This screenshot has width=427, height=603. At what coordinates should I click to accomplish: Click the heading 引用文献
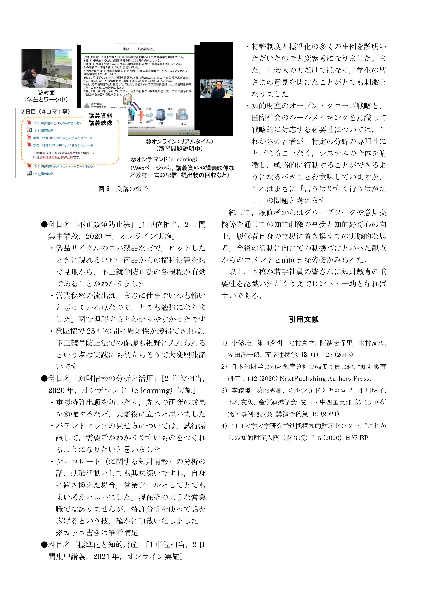304,319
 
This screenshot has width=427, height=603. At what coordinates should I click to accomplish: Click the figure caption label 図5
104,189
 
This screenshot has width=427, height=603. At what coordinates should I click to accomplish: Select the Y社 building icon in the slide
160,115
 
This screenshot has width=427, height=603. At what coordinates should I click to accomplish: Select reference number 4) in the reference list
224,426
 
